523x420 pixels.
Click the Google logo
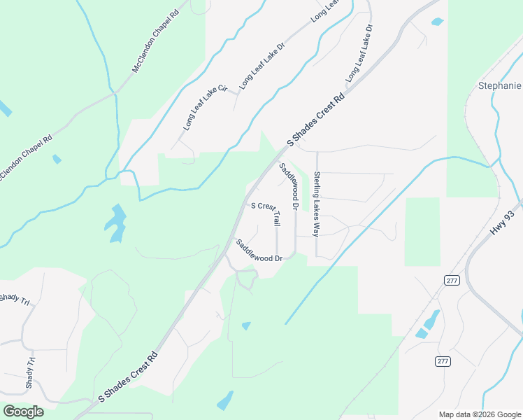pos(23,412)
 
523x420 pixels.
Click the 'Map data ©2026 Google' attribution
pos(479,414)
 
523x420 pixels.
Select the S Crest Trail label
pos(266,211)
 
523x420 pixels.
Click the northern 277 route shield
pos(450,280)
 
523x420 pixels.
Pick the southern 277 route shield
pos(442,360)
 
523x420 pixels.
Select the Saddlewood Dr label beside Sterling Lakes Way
pos(289,187)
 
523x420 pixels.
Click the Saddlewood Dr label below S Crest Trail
pos(258,251)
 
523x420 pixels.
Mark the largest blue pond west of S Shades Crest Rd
pos(116,223)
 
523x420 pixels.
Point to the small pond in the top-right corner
pos(437,22)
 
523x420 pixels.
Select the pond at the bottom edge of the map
pos(225,401)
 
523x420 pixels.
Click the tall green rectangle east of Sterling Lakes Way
pos(422,231)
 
